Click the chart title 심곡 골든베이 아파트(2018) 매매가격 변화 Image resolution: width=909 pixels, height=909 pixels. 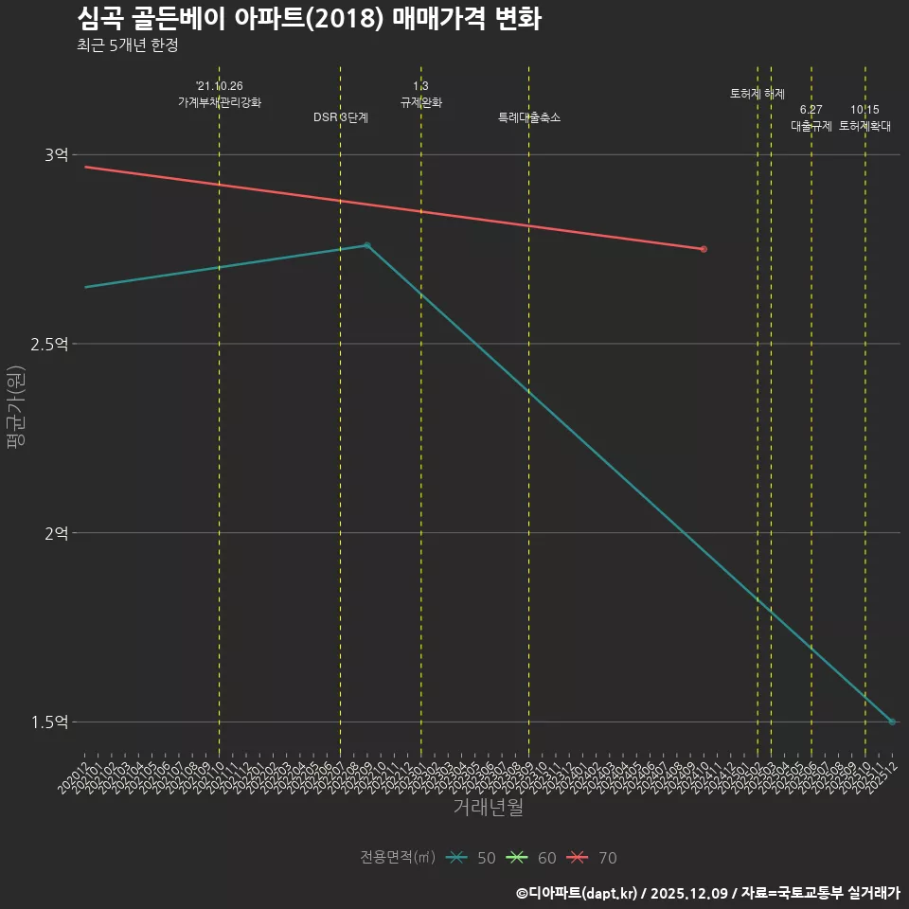pyautogui.click(x=309, y=19)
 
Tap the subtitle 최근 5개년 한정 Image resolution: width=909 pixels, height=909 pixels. pyautogui.click(x=127, y=45)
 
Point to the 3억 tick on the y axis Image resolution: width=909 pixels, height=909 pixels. pyautogui.click(x=56, y=155)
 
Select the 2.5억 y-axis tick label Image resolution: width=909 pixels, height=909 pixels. pyautogui.click(x=49, y=344)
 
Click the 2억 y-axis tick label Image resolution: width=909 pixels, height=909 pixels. pyautogui.click(x=56, y=533)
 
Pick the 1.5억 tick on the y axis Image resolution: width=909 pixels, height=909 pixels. pyautogui.click(x=49, y=722)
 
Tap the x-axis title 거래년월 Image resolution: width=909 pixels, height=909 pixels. pyautogui.click(x=488, y=808)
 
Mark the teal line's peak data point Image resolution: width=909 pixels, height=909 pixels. pyautogui.click(x=367, y=245)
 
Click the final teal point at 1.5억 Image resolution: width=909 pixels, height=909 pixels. pyautogui.click(x=892, y=722)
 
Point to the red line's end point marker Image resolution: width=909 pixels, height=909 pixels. pyautogui.click(x=704, y=249)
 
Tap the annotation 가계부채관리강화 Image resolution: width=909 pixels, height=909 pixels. pyautogui.click(x=219, y=101)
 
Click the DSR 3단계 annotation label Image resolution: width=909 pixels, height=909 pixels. pyautogui.click(x=341, y=117)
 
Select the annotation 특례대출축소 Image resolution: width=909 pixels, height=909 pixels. pyautogui.click(x=529, y=117)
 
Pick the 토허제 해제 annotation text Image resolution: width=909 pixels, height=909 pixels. pyautogui.click(x=757, y=94)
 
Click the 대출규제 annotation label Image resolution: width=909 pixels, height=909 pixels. pyautogui.click(x=811, y=126)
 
